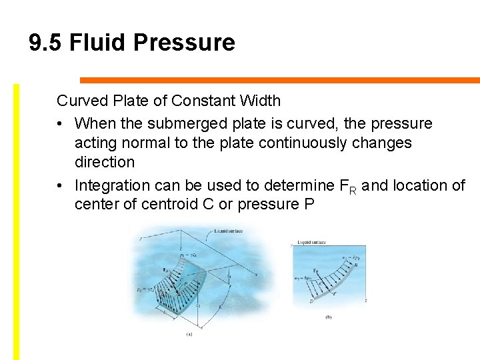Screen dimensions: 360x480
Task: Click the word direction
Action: coord(105,162)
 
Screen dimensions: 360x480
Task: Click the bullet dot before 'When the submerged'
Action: coord(61,124)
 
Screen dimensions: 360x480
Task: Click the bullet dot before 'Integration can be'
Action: coord(61,185)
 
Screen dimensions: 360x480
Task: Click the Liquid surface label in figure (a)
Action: coord(228,231)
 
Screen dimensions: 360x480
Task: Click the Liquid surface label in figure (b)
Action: coord(311,243)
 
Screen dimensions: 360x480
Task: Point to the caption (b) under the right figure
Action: coord(329,317)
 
